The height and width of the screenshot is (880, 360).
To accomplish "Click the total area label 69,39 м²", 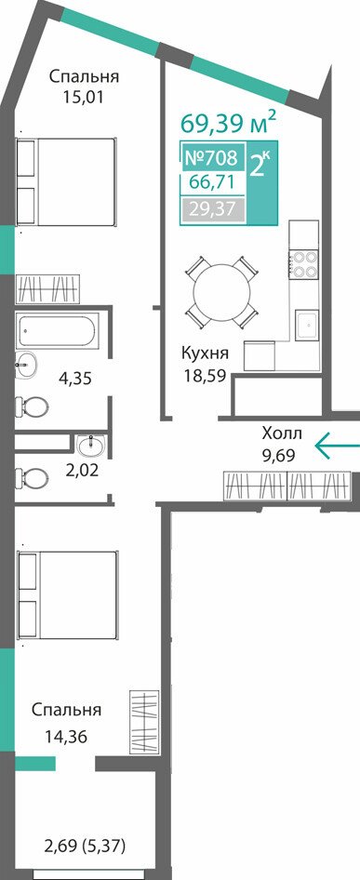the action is click(228, 123).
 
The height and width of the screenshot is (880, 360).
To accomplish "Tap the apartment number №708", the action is click(211, 158).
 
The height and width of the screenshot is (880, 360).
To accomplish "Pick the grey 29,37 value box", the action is click(212, 208).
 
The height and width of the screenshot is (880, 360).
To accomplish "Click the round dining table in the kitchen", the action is click(221, 292).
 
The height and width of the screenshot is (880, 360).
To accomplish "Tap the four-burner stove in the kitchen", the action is click(304, 263).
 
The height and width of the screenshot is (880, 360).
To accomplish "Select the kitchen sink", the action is click(307, 325).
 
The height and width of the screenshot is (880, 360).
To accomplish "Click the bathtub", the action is click(58, 330).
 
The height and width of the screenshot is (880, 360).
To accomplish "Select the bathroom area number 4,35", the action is click(75, 379).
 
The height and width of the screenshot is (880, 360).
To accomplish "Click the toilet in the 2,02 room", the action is click(32, 479).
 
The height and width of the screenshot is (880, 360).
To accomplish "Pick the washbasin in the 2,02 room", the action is click(90, 446).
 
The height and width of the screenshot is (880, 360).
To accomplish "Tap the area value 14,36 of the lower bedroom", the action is click(67, 736).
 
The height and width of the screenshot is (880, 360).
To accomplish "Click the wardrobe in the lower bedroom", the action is click(144, 723).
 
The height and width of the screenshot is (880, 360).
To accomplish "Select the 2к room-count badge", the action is click(259, 164).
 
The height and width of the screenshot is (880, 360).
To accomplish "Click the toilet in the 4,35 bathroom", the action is click(32, 405).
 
